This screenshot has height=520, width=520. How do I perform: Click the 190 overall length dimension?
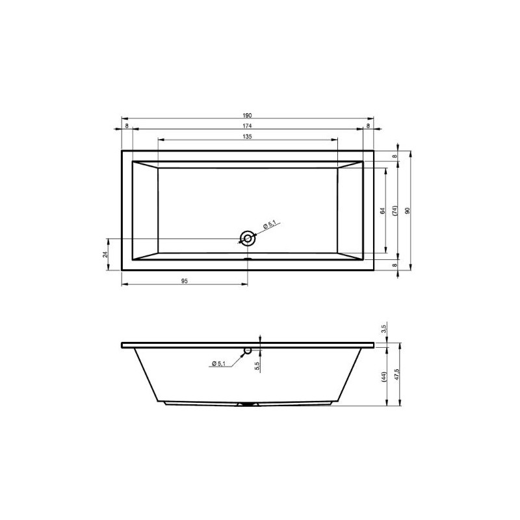[x=248, y=114]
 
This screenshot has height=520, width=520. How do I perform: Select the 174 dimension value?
[x=248, y=125]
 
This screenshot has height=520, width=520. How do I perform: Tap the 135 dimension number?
[x=248, y=137]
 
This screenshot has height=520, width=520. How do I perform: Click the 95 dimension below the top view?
[x=184, y=281]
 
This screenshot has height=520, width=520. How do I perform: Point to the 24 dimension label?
[x=105, y=254]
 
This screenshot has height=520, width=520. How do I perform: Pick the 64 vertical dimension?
[x=383, y=211]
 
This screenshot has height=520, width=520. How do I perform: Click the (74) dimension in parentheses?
[x=395, y=211]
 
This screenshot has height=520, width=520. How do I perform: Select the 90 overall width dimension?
[x=408, y=211]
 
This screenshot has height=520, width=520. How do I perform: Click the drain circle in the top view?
[x=247, y=238]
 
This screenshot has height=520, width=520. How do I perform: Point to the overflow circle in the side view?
[x=247, y=351]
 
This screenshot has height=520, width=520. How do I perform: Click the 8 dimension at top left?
[x=126, y=125]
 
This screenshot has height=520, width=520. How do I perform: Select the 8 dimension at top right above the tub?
[x=369, y=125]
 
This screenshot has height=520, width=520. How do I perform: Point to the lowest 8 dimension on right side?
[x=395, y=265]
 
